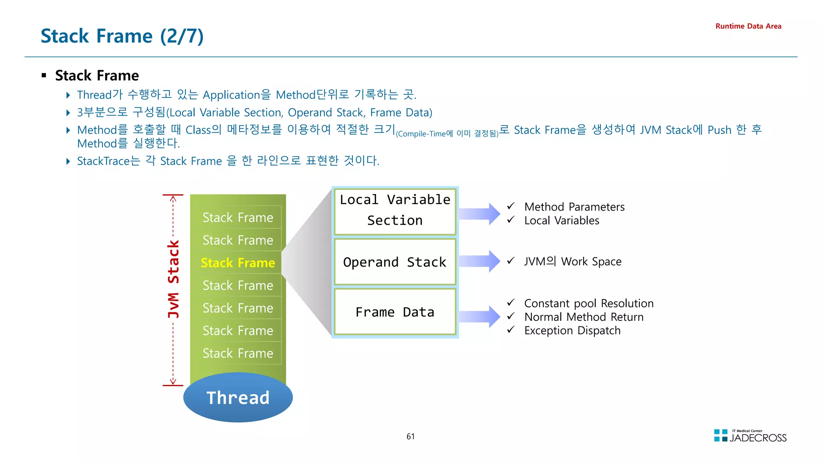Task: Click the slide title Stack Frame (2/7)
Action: click(x=122, y=36)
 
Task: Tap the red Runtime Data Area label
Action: click(x=748, y=26)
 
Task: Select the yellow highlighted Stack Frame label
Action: click(x=238, y=263)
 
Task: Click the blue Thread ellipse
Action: click(x=238, y=397)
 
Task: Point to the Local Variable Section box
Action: click(x=395, y=211)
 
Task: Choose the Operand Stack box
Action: click(x=395, y=262)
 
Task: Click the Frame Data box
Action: click(x=395, y=312)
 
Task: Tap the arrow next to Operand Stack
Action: click(x=479, y=261)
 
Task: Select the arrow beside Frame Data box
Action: click(x=479, y=316)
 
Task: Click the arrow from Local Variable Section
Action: click(x=479, y=214)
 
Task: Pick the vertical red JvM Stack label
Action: click(x=173, y=279)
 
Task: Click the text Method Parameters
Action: click(x=574, y=207)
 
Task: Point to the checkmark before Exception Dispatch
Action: click(x=511, y=330)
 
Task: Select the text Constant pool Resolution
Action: click(x=589, y=303)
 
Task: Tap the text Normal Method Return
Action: click(x=584, y=317)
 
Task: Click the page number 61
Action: click(x=411, y=436)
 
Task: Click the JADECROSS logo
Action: click(x=750, y=436)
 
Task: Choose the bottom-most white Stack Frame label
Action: click(x=238, y=353)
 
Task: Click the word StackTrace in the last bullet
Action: click(x=103, y=161)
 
